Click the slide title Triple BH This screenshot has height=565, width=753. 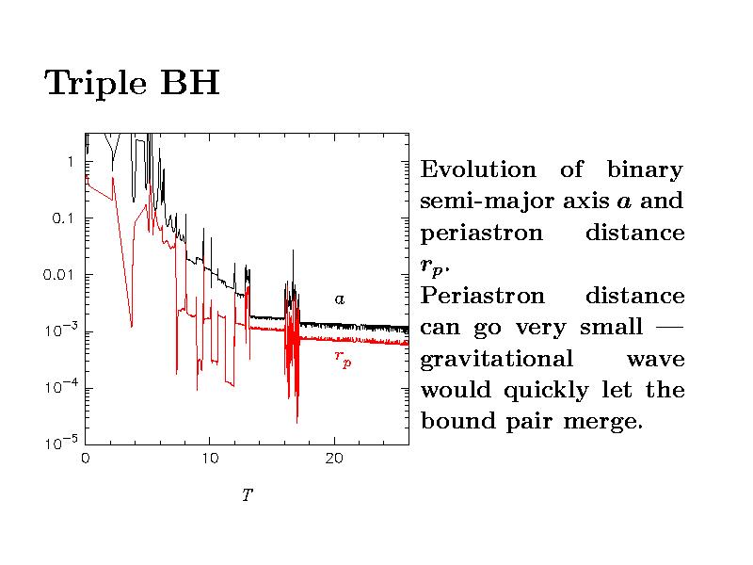[x=132, y=84]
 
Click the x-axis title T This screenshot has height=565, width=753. [x=247, y=495]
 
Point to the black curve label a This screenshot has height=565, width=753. [x=341, y=299]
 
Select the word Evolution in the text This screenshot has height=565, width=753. [x=477, y=170]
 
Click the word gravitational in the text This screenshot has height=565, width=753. [x=496, y=360]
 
